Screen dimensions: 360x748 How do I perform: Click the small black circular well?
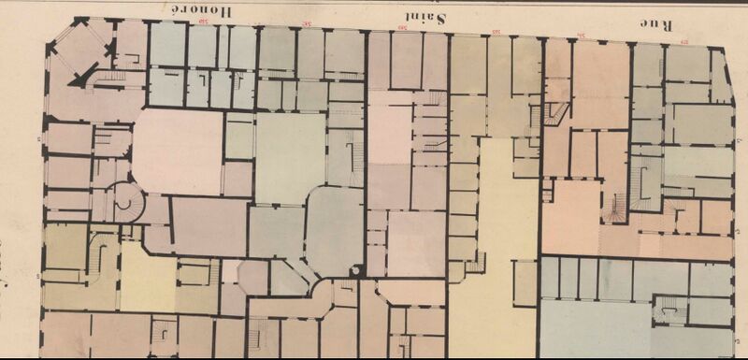click(x=354, y=270)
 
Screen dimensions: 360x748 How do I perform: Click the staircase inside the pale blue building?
click(x=669, y=309)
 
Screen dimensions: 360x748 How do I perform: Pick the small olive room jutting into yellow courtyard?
click(x=525, y=281)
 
